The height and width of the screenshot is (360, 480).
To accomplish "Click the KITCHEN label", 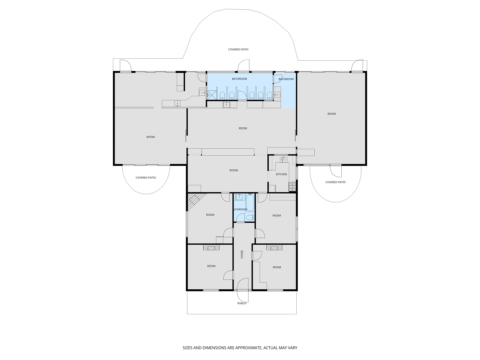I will coord(281,174).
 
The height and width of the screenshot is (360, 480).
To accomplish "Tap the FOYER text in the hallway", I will coord(242,254).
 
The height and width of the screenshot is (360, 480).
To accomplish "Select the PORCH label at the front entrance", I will coord(242,303).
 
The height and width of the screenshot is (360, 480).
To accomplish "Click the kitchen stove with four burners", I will coord(292,187).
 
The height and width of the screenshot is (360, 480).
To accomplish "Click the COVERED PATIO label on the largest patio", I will coord(238,49).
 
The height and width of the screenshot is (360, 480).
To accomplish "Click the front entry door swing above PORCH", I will coord(242,284).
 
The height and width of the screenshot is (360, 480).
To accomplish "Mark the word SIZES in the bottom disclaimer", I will coord(188,348).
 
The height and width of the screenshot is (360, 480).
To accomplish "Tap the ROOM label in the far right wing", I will coord(331,114).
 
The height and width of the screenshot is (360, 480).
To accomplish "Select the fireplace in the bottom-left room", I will coord(211,247).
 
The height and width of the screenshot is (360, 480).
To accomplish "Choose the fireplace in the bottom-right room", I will coord(274,247).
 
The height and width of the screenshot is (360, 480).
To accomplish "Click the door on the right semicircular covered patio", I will coord(336,171).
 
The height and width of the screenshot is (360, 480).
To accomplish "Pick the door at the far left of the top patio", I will coord(125,66).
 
